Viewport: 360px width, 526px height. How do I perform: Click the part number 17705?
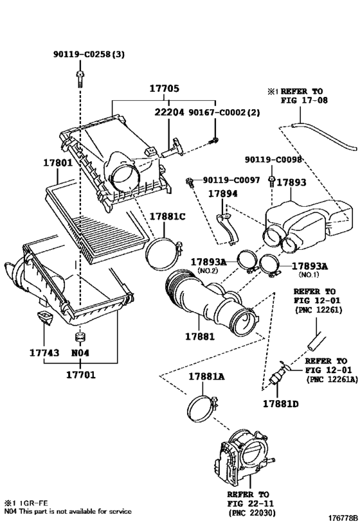tap(164, 89)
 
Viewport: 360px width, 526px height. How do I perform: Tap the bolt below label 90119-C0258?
tap(80, 79)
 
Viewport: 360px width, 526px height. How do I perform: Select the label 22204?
tap(169, 112)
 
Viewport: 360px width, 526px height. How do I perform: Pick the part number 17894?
tap(222, 193)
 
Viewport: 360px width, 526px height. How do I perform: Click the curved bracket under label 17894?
tap(228, 229)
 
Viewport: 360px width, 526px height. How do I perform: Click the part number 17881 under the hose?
tap(200, 336)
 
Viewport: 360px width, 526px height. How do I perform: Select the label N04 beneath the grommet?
tap(80, 353)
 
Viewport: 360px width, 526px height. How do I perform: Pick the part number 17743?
tap(44, 353)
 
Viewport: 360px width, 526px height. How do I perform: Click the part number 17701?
tap(80, 374)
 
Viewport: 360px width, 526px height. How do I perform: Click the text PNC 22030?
tap(252, 513)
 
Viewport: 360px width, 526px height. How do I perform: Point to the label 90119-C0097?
tap(231, 180)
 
